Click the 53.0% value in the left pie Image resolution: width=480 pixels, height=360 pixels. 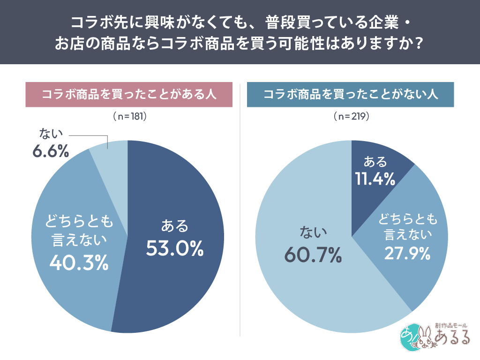point(174,248)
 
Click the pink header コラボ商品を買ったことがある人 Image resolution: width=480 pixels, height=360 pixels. point(129,94)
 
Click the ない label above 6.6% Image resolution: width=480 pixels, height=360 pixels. point(50,135)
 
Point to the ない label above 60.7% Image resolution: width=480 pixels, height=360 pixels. point(313,232)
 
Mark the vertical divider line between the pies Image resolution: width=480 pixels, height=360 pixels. point(240,211)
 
